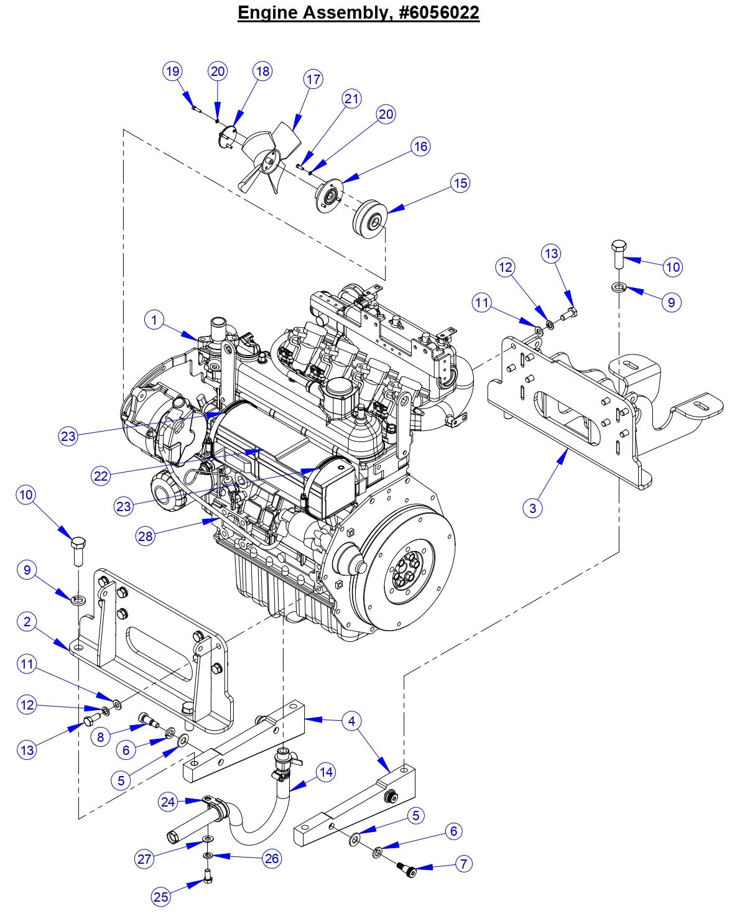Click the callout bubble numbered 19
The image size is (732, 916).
pyautogui.click(x=173, y=71)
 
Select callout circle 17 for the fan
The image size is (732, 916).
pyautogui.click(x=313, y=80)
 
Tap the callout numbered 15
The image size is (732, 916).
pyautogui.click(x=460, y=183)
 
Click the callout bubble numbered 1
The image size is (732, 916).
pyautogui.click(x=154, y=320)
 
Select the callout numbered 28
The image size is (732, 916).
pyautogui.click(x=146, y=536)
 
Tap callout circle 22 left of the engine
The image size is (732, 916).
pyautogui.click(x=101, y=476)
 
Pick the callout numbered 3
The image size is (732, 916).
pyautogui.click(x=532, y=508)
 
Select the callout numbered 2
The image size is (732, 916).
pyautogui.click(x=27, y=621)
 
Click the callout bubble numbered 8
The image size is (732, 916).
pyautogui.click(x=100, y=737)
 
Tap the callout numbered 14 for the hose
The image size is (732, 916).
pyautogui.click(x=325, y=772)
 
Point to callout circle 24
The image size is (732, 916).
pyautogui.click(x=169, y=802)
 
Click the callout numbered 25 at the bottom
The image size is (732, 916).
pyautogui.click(x=161, y=896)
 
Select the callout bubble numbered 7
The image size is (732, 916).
pyautogui.click(x=463, y=864)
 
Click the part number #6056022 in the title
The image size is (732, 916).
pyautogui.click(x=425, y=12)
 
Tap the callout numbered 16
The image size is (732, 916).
pyautogui.click(x=420, y=146)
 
